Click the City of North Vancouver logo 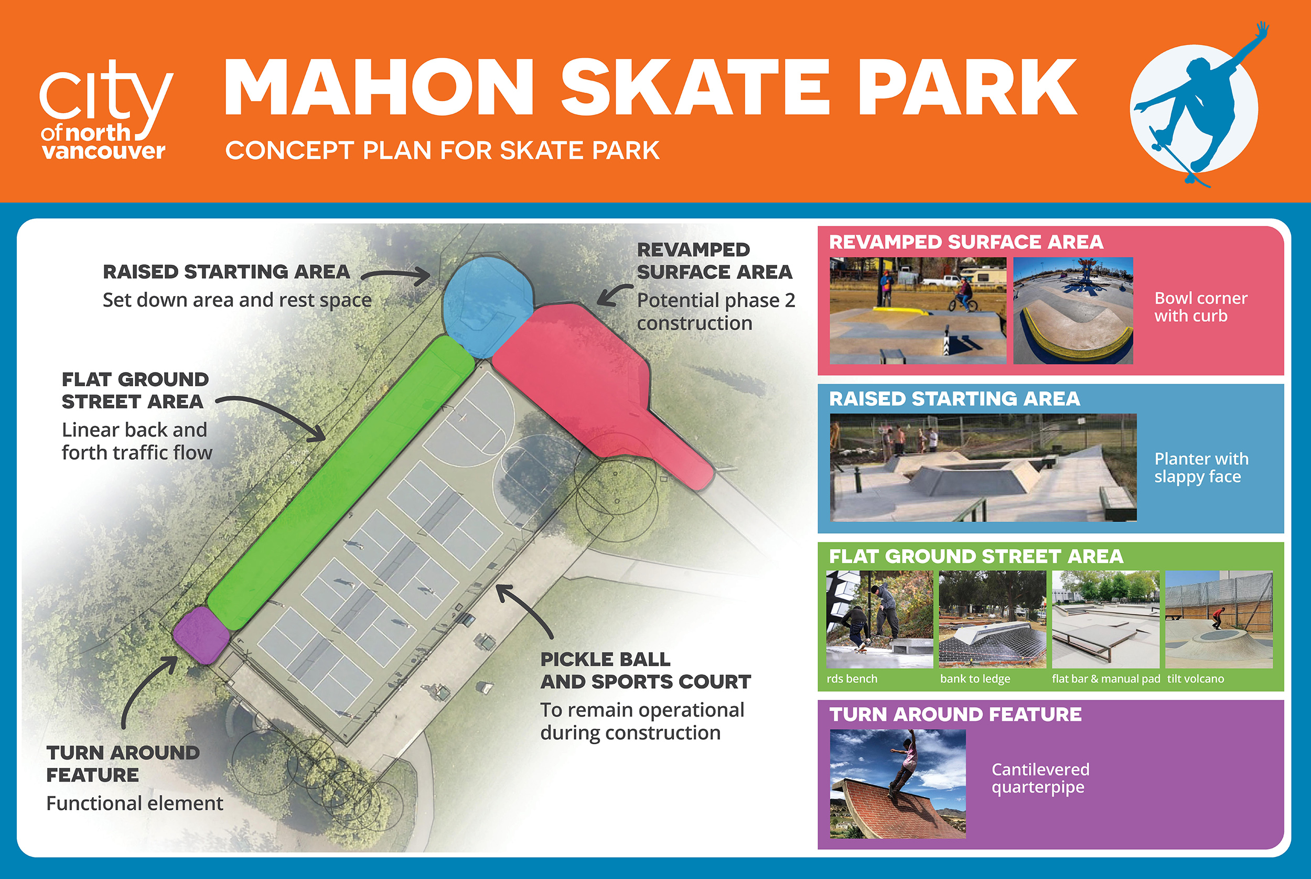coord(106,110)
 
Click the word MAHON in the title coord(379,88)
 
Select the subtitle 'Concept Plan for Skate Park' coord(442,150)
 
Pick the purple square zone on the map coord(201,635)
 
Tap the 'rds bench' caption coord(852,678)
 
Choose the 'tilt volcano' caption coord(1196,678)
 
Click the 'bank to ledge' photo coord(993,619)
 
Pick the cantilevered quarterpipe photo coord(898,784)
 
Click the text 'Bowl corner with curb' coord(1200,307)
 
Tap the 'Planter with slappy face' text coord(1201,468)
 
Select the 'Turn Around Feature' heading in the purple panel coord(955,714)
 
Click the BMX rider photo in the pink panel coord(918,311)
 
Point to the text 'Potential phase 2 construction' coord(716,312)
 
